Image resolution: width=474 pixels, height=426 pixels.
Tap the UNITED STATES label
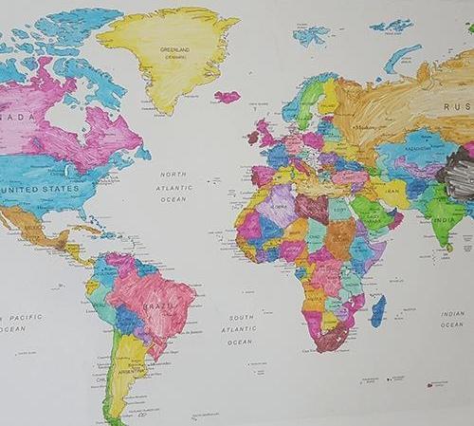(39, 189)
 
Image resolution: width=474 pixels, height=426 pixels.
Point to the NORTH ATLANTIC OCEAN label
(173, 187)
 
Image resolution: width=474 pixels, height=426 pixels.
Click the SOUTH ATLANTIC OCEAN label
(241, 329)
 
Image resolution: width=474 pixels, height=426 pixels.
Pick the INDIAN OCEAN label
(452, 319)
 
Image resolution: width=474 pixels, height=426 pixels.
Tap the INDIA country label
(443, 215)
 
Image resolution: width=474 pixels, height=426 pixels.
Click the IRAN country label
(391, 190)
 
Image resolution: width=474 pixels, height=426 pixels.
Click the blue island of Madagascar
(378, 310)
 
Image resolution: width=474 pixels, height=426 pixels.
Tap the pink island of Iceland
(227, 97)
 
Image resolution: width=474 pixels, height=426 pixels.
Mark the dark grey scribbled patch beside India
(460, 176)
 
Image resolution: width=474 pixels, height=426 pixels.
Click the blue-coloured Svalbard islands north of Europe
(311, 35)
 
